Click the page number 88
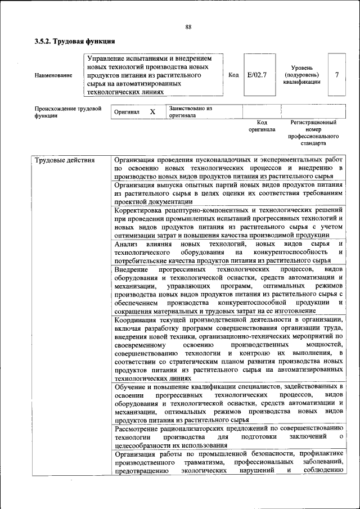[x=188, y=26]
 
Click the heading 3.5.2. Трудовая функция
[x=75, y=41]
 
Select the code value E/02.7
[x=256, y=74]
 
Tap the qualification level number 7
[x=336, y=74]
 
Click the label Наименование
[x=53, y=75]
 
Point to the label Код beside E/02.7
[x=233, y=74]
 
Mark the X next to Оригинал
[x=152, y=112]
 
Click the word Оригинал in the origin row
[x=127, y=112]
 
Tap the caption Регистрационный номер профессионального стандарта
[x=313, y=133]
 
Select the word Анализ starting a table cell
[x=127, y=244]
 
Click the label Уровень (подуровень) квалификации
[x=302, y=74]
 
